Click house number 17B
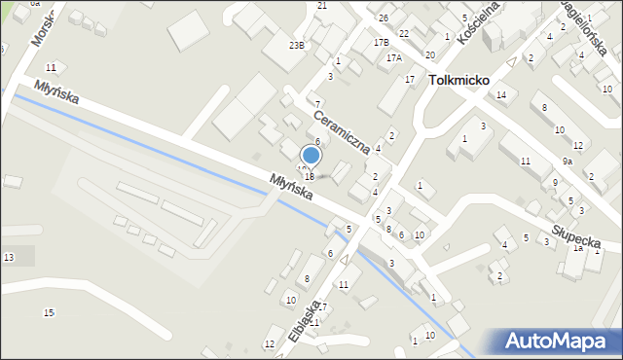(382, 43)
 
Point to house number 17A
(393, 58)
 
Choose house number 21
(322, 6)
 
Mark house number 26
(384, 18)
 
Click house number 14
(501, 94)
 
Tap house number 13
(9, 257)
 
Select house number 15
(49, 312)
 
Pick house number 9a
(567, 162)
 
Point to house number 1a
(576, 248)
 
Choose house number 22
(403, 33)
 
